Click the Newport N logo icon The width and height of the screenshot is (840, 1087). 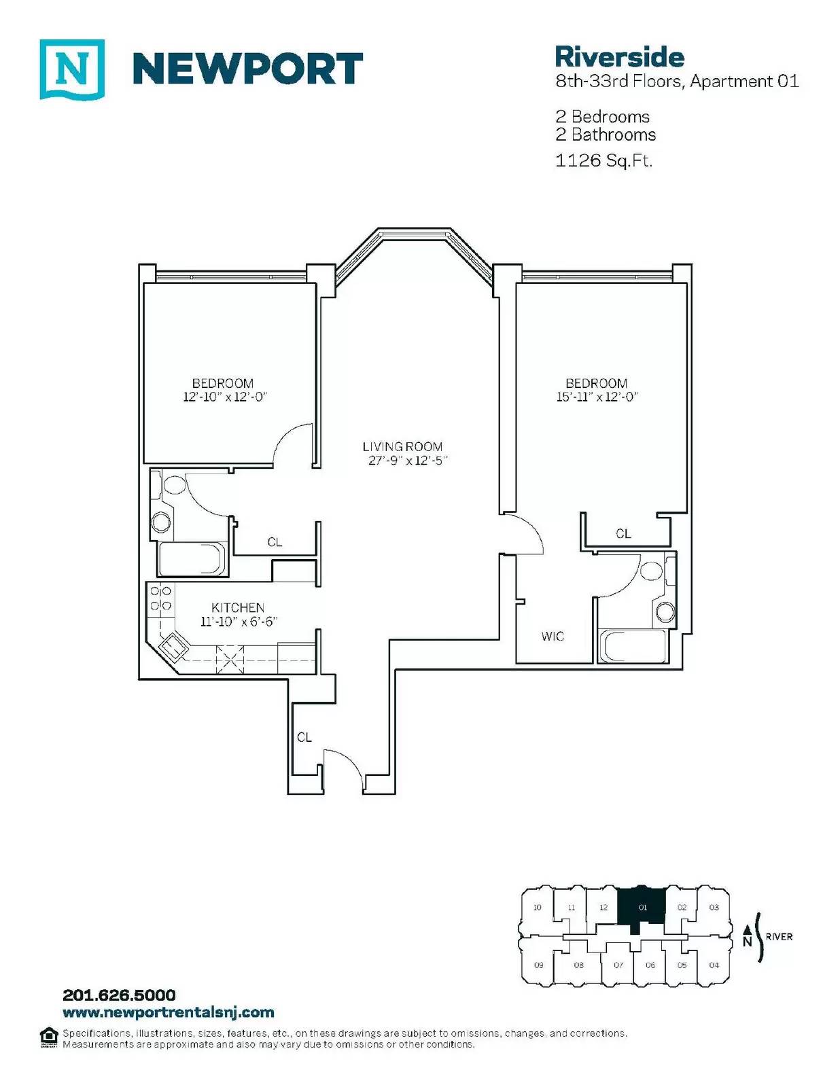click(x=72, y=69)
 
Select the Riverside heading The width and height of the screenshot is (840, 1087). click(x=619, y=57)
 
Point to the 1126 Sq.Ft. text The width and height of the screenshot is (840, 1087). click(x=604, y=160)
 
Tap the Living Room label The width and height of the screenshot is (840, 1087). click(x=403, y=447)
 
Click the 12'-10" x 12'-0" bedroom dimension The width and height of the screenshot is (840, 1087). click(x=225, y=397)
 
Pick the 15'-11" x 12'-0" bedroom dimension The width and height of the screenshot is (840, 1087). click(x=598, y=397)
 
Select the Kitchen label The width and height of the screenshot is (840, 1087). click(x=238, y=608)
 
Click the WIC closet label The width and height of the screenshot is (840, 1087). click(x=553, y=637)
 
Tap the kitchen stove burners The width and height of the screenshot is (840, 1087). click(x=161, y=599)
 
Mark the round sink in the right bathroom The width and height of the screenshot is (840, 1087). click(x=666, y=611)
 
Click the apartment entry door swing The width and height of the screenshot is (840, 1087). click(x=343, y=768)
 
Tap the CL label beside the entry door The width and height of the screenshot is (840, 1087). click(x=304, y=737)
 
